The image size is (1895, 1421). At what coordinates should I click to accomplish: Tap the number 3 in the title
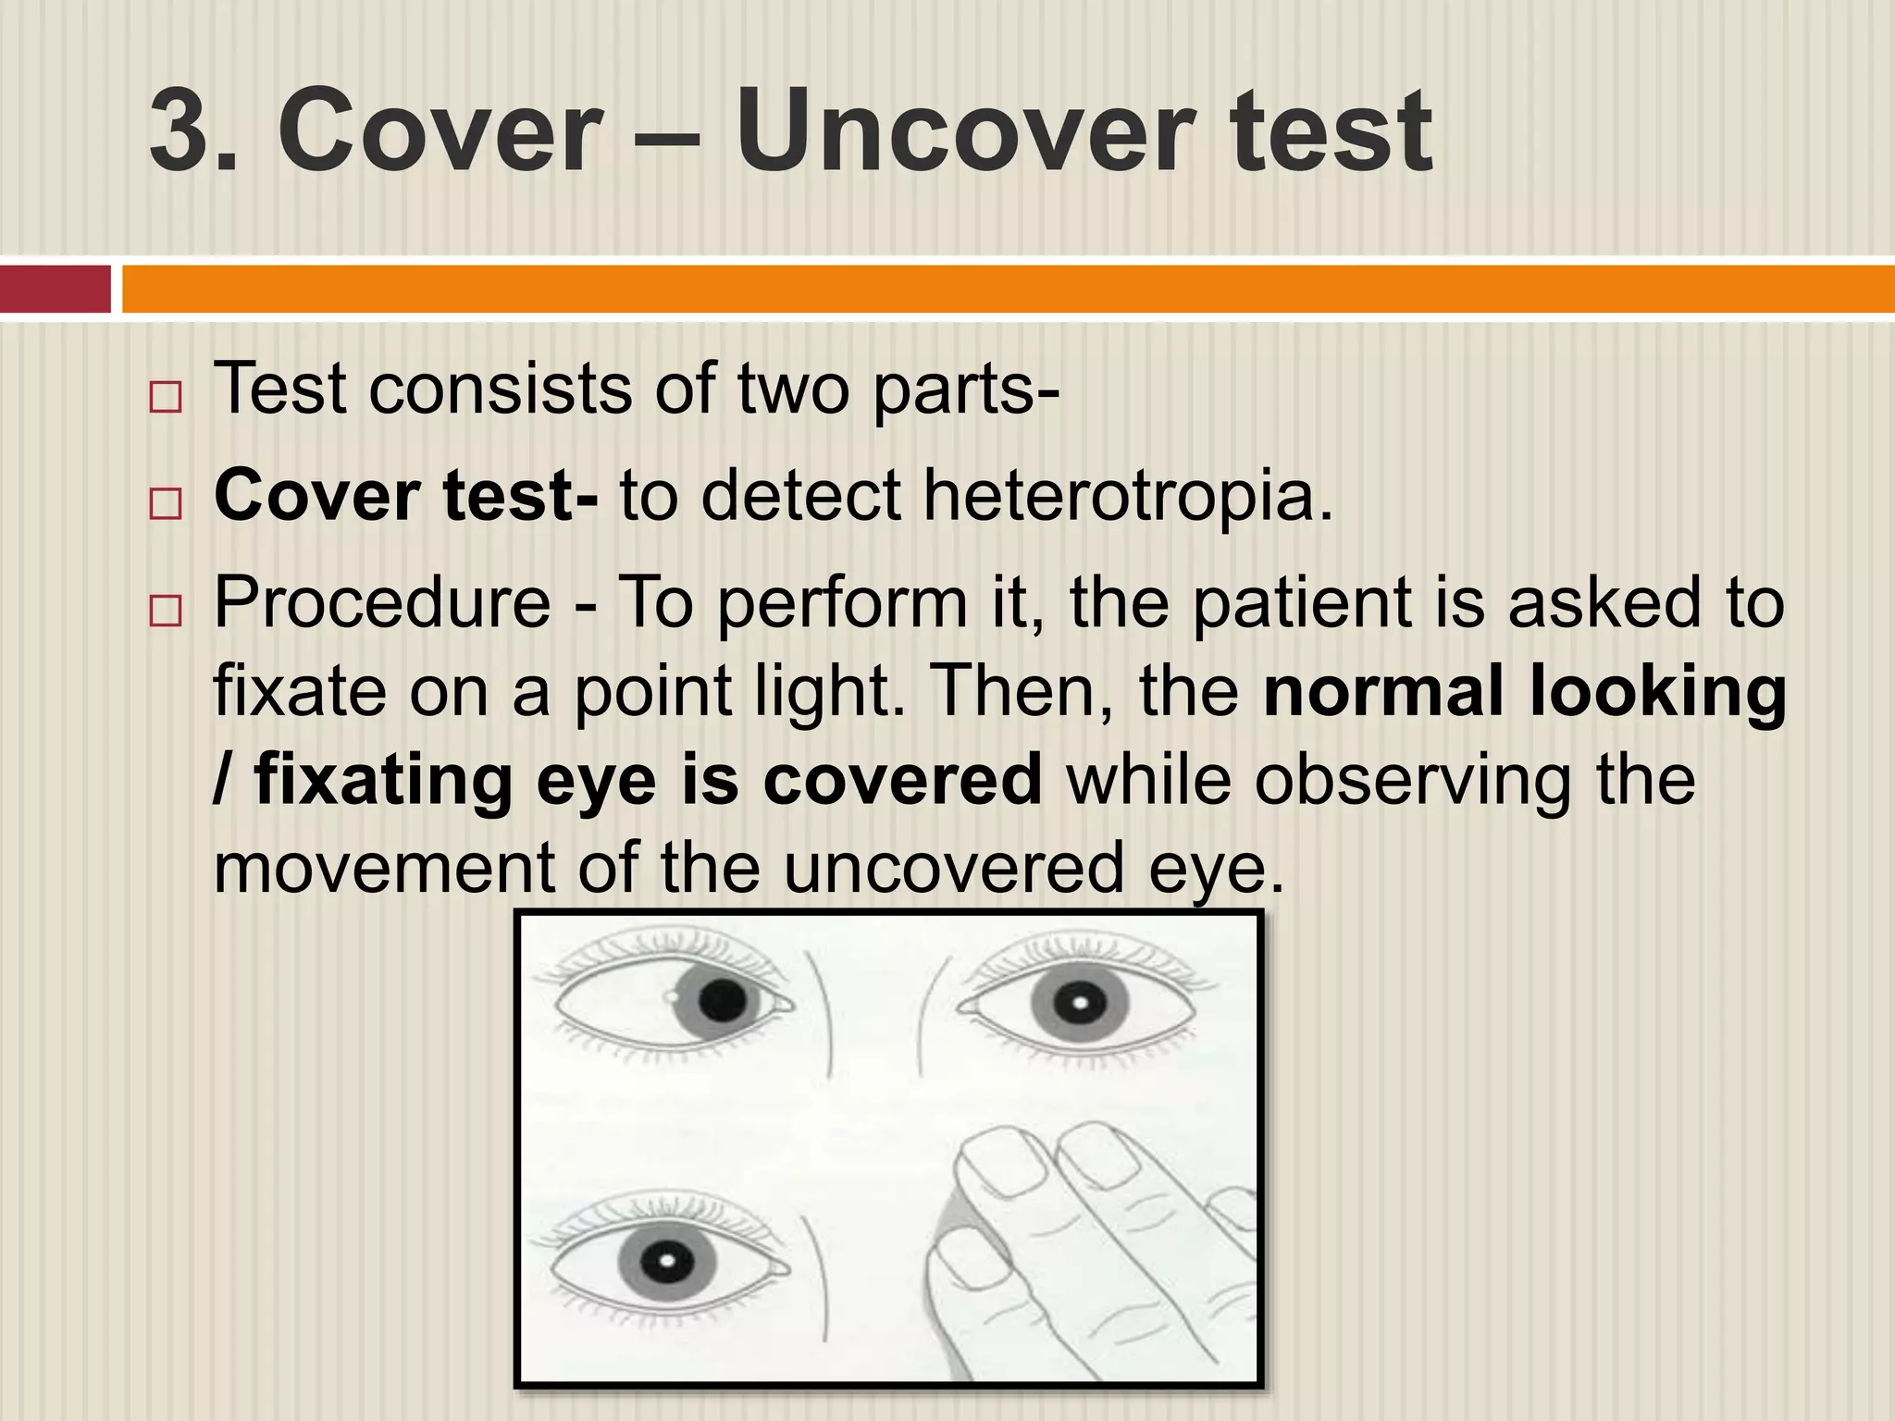(x=181, y=131)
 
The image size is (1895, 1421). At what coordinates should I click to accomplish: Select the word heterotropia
(x=1128, y=496)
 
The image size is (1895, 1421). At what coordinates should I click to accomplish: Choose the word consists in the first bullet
(x=500, y=389)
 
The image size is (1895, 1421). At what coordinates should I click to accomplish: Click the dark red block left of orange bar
(x=56, y=290)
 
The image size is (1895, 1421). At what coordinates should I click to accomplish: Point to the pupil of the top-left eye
(x=723, y=1001)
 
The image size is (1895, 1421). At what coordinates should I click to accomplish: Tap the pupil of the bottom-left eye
(x=664, y=1259)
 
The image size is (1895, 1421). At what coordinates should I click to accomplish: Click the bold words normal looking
(x=1525, y=690)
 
